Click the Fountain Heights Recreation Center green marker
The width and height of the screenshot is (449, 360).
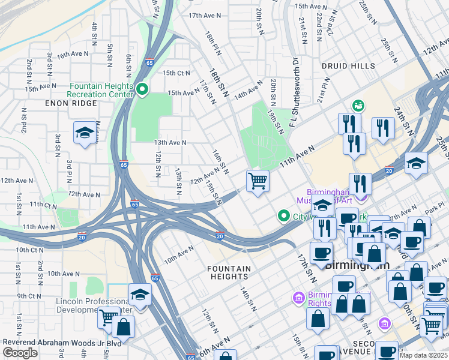(142, 90)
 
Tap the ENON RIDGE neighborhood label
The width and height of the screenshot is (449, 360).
(71, 103)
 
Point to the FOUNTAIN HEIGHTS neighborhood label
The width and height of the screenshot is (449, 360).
(228, 272)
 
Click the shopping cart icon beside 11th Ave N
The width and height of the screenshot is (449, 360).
(258, 180)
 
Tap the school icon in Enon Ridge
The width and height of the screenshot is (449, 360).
(85, 133)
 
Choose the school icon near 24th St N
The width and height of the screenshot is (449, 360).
(415, 163)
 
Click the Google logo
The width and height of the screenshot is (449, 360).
(20, 353)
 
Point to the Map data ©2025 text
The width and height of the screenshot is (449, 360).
(423, 355)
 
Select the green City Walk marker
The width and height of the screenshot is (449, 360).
(284, 215)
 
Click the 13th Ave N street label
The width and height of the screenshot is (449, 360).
(170, 143)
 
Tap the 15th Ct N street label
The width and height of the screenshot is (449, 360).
(177, 73)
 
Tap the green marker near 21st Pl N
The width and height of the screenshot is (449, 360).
(358, 106)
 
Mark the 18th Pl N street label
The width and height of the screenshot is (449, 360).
(214, 44)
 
